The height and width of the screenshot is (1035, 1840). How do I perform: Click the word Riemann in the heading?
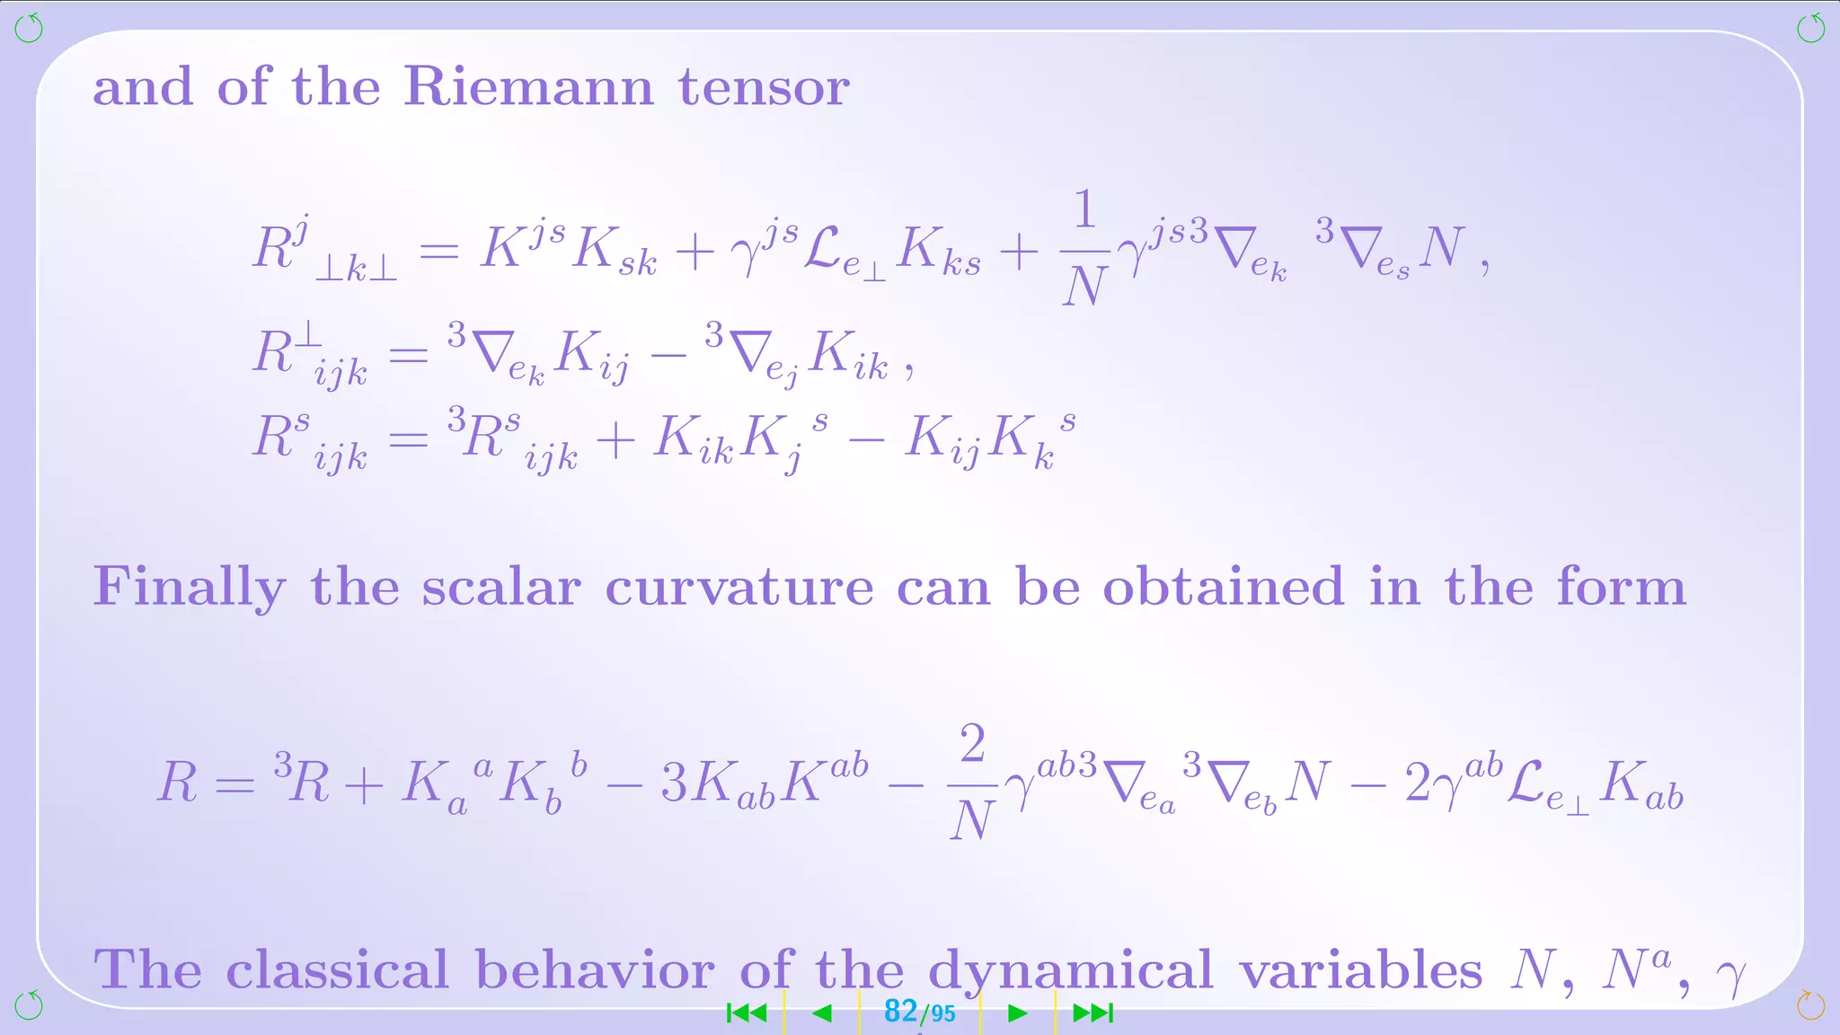pyautogui.click(x=528, y=87)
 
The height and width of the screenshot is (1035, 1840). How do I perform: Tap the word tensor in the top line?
pyautogui.click(x=764, y=88)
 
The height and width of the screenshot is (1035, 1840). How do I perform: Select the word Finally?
pyautogui.click(x=190, y=588)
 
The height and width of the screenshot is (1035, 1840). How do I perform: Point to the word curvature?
pyautogui.click(x=739, y=588)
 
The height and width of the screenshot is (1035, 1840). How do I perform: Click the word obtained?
pyautogui.click(x=1223, y=587)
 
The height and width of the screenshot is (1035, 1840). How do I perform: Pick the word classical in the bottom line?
pyautogui.click(x=337, y=970)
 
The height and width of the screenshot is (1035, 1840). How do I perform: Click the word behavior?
pyautogui.click(x=595, y=970)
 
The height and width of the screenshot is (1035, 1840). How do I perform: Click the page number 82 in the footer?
pyautogui.click(x=900, y=1012)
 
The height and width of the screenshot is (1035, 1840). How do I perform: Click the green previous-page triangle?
pyautogui.click(x=821, y=1013)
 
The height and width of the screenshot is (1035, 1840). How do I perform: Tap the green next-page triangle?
pyautogui.click(x=1017, y=1013)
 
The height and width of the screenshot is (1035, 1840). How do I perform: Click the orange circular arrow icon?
pyautogui.click(x=1810, y=1005)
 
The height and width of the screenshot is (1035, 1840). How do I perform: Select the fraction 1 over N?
pyautogui.click(x=1084, y=248)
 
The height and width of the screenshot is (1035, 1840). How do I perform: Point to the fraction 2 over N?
pyautogui.click(x=972, y=782)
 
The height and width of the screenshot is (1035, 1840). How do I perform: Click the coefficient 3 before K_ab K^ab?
pyautogui.click(x=674, y=783)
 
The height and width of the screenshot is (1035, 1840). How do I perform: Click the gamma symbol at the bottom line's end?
pyautogui.click(x=1729, y=975)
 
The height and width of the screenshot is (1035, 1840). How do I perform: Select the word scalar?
pyautogui.click(x=501, y=588)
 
